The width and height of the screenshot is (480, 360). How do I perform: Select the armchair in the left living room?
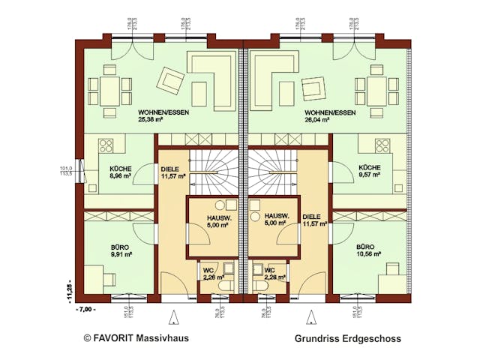pos(172,80)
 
